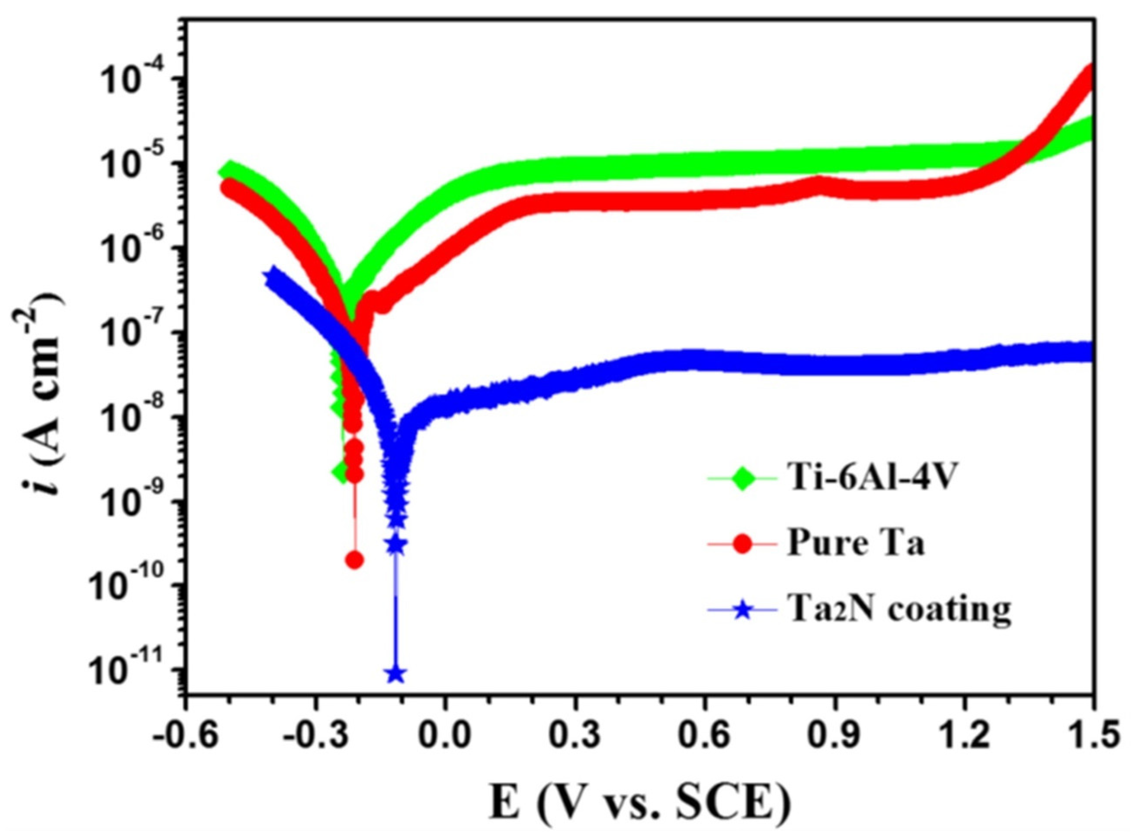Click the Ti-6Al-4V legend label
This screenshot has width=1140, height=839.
869,479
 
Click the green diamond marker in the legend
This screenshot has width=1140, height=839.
743,479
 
